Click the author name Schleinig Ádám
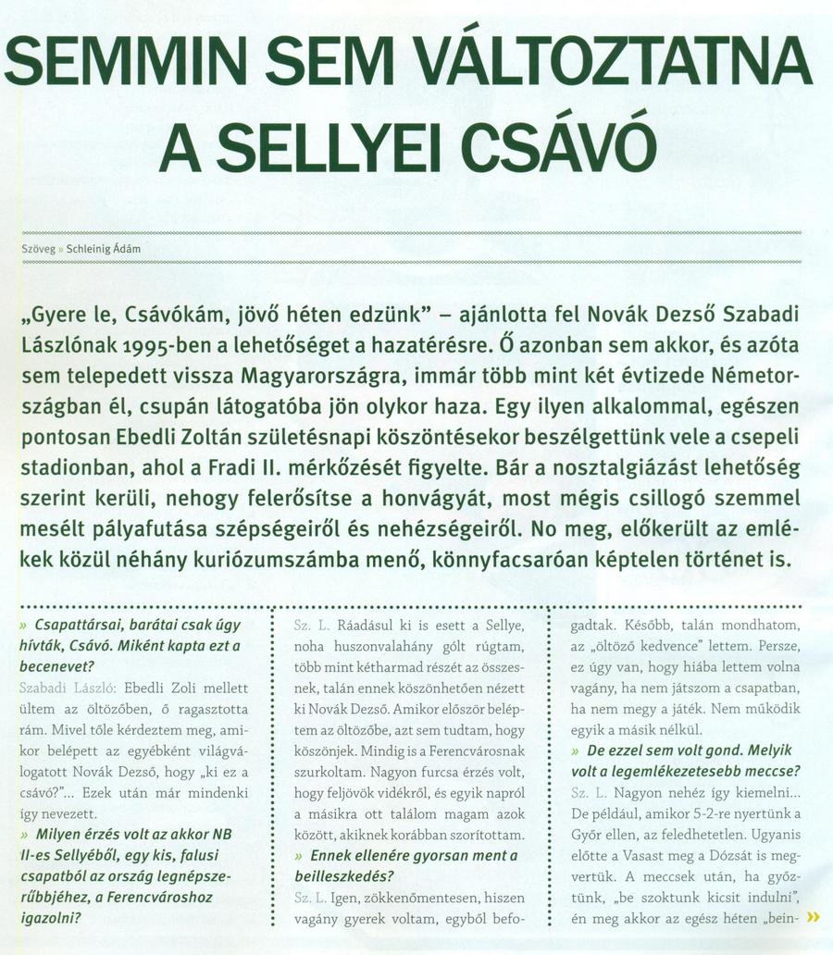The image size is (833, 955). coord(104,249)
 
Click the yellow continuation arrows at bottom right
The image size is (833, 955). coord(814,918)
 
